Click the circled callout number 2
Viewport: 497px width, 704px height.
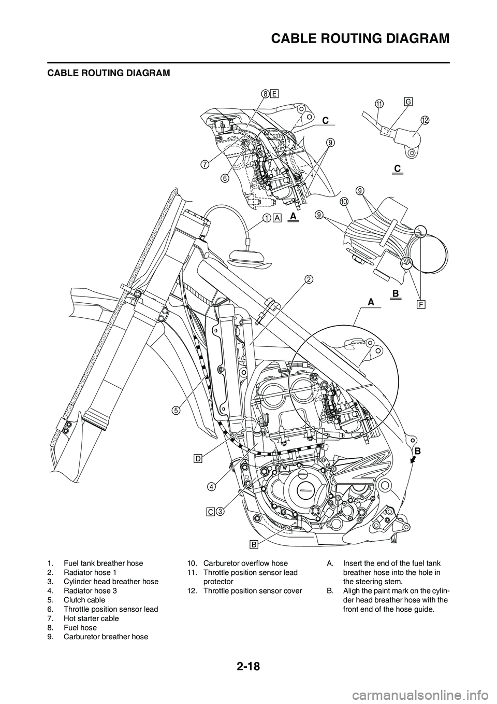308,280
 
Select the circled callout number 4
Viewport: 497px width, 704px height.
212,486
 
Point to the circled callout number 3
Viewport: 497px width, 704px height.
220,512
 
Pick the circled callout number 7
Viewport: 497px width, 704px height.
205,164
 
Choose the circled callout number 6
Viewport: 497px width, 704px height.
224,177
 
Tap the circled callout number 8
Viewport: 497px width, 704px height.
265,94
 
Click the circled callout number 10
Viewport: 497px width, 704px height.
344,201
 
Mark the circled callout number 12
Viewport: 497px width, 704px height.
425,120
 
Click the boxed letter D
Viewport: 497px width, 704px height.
198,458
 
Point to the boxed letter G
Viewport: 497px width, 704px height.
408,103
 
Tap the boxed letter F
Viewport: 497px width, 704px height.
420,303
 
